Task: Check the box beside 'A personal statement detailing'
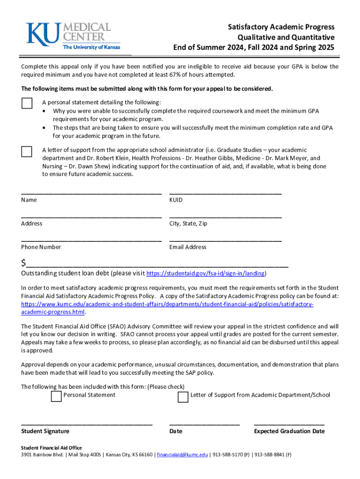coord(27,103)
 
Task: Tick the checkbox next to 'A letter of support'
coord(27,151)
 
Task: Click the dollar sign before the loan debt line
coord(24,262)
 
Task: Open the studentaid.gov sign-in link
coord(206,273)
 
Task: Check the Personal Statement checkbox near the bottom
coord(56,397)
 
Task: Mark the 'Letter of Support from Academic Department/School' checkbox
coord(183,397)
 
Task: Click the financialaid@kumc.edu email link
coord(182,455)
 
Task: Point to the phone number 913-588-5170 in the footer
coord(228,455)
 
